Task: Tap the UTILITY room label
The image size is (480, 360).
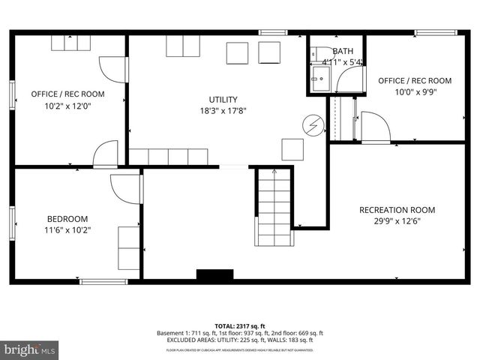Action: [223, 100]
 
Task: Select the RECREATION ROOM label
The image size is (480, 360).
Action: [397, 210]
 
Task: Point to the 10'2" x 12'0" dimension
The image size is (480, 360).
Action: [67, 106]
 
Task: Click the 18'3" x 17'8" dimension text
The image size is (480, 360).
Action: [223, 112]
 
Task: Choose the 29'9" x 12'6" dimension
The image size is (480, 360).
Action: [397, 222]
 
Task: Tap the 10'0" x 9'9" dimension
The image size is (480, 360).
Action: [415, 93]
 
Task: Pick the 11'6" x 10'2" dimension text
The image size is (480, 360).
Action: [67, 231]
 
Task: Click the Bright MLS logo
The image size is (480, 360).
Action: [30, 349]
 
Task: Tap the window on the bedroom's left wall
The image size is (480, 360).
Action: [13, 223]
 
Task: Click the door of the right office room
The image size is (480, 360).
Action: [374, 127]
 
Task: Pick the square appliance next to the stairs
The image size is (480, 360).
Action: [292, 148]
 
